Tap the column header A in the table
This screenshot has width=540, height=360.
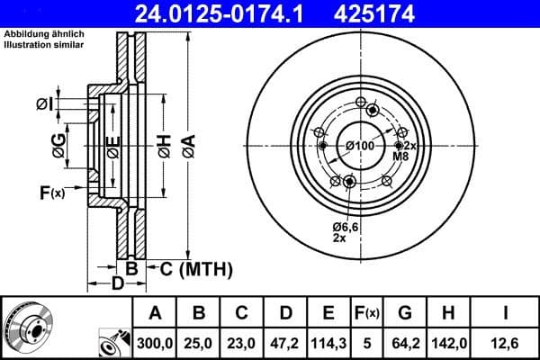click(x=155, y=313)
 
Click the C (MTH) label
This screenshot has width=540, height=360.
click(x=195, y=268)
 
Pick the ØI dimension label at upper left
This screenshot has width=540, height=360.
click(x=44, y=105)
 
